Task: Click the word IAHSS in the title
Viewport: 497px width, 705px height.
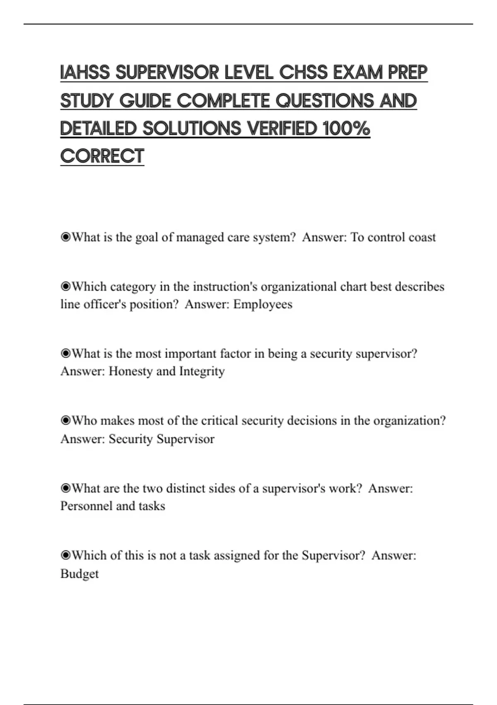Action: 85,73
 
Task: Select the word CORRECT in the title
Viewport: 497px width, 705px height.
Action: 102,156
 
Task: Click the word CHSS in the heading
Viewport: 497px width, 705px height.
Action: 303,73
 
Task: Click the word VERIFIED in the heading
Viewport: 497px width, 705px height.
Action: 282,128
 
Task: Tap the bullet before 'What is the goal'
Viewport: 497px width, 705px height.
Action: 65,237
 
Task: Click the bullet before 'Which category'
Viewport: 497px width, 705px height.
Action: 65,287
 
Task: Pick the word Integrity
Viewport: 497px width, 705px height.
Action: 202,371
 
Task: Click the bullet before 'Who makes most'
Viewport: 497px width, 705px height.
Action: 65,421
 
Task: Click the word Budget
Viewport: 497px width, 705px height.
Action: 80,574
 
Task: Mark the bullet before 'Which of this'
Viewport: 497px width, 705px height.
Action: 65,555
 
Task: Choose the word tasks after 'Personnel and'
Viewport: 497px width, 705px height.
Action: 152,506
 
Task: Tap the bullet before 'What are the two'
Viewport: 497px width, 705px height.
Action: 65,488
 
